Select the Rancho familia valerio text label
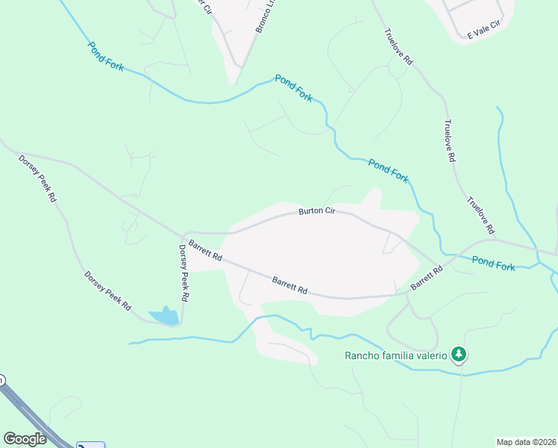tap(395, 355)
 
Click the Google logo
tap(25, 439)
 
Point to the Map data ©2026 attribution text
tap(526, 442)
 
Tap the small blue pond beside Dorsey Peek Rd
tap(166, 317)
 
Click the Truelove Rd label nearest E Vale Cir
tap(398, 46)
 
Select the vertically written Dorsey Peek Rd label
tap(184, 273)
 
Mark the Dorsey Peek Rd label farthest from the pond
tap(38, 179)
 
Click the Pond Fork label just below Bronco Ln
tap(294, 88)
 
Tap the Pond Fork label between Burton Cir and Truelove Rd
tap(389, 171)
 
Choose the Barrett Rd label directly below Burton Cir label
tap(290, 284)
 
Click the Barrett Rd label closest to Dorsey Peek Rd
tap(205, 249)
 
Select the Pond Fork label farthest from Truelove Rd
tap(106, 56)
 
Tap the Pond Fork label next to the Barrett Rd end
tap(493, 263)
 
